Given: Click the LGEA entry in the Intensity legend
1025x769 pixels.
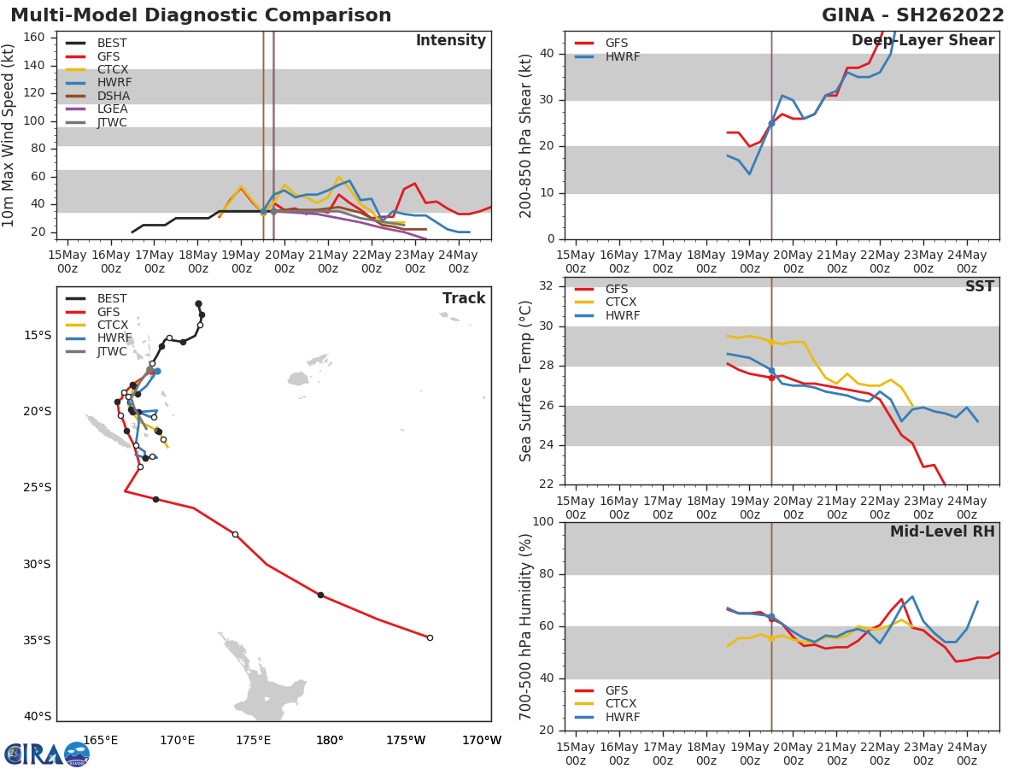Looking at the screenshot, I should point(112,109).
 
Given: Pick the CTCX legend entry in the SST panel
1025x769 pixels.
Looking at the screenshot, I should point(620,302).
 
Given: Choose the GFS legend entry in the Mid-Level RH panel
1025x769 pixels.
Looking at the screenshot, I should point(616,690).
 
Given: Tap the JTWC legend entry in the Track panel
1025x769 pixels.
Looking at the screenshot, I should point(112,351).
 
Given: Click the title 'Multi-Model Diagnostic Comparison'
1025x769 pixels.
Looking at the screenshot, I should point(201,15).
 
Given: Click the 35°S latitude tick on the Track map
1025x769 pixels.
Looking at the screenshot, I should point(37,640).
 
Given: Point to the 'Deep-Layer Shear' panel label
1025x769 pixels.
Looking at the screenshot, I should point(922,41).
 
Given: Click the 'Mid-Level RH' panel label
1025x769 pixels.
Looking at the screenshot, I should point(942,531).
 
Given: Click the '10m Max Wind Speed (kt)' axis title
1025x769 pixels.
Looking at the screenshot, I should point(9,135).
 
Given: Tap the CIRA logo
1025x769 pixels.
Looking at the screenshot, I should point(47,754).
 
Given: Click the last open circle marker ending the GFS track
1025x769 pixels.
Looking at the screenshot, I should point(430,637).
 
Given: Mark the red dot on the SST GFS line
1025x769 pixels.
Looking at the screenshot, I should point(771,377).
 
